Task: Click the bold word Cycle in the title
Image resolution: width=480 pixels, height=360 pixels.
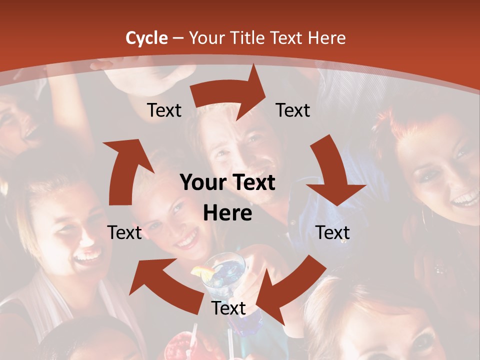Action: pyautogui.click(x=146, y=37)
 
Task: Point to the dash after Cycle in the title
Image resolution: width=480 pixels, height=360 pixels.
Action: pyautogui.click(x=177, y=38)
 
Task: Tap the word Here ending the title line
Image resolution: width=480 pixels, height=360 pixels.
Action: pyautogui.click(x=326, y=37)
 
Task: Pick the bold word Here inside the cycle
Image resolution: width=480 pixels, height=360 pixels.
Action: pyautogui.click(x=227, y=213)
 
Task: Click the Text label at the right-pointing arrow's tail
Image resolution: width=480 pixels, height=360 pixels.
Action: pyautogui.click(x=164, y=110)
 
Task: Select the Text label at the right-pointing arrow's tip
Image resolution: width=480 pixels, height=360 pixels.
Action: pyautogui.click(x=293, y=110)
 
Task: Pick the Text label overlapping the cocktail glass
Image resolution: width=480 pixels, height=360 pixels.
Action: pyautogui.click(x=228, y=308)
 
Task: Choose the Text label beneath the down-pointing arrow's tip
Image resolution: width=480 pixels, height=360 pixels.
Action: pyautogui.click(x=332, y=232)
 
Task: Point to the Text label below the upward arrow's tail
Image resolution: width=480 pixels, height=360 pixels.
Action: pyautogui.click(x=125, y=232)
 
